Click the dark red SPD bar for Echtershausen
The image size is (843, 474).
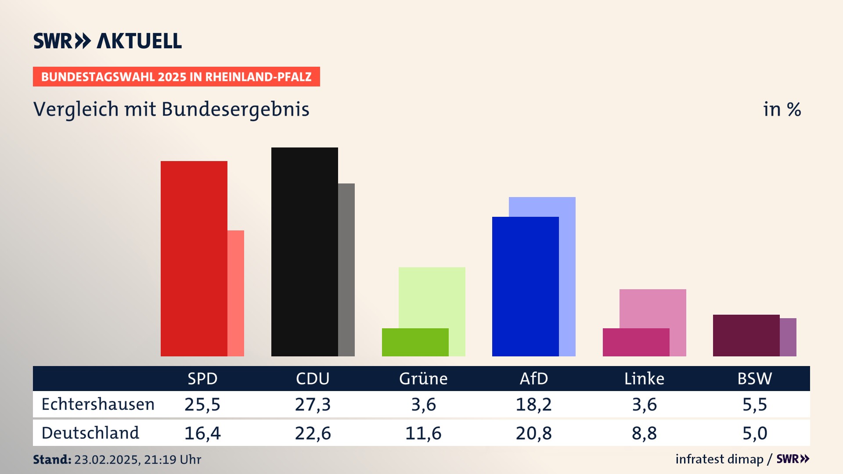coord(194,259)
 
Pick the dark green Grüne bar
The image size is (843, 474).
coord(415,342)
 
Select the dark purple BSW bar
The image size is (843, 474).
coord(746,335)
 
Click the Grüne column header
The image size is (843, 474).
coord(423,378)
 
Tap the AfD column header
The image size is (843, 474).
coord(534,378)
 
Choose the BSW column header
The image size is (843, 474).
coord(754,378)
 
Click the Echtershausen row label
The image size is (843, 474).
coord(98,404)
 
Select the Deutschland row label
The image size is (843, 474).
coord(90,433)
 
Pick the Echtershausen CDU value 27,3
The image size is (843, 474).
coord(313,404)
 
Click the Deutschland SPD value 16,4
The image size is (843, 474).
coord(202,433)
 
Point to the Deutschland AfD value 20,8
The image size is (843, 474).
coord(534,433)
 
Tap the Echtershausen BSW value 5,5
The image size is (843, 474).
coord(754,404)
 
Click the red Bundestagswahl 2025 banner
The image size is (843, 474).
coord(176,77)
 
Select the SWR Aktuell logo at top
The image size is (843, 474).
coord(108,41)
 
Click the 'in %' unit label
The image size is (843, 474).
coord(782,110)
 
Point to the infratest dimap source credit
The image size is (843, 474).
coord(719,459)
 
